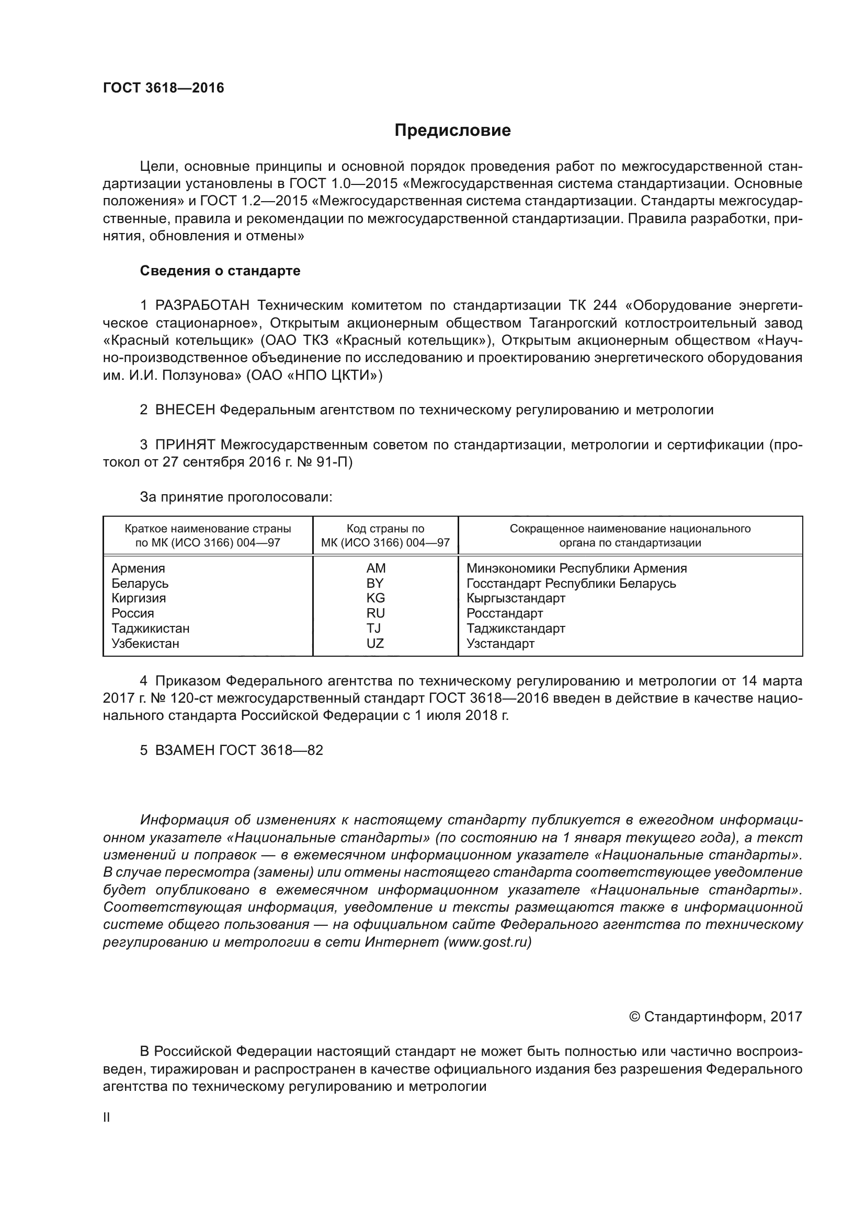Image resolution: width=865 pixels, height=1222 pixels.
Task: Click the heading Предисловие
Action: tap(452, 131)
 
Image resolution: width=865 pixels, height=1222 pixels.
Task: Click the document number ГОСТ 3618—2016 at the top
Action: tap(164, 88)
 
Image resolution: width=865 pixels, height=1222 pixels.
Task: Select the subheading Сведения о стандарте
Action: tap(220, 271)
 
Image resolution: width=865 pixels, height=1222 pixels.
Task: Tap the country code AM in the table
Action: tap(375, 568)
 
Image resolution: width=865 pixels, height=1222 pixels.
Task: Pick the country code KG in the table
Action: tap(375, 598)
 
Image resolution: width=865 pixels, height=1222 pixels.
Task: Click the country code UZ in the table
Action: tap(375, 643)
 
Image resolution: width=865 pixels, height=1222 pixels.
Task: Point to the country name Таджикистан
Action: tap(150, 628)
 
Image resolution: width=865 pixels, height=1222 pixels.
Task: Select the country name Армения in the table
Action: tap(138, 568)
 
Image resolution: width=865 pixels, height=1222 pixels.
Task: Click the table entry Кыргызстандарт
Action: tap(516, 598)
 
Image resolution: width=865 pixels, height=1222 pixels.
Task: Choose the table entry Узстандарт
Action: tap(500, 643)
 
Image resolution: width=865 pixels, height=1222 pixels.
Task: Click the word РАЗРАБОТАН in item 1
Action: tap(202, 306)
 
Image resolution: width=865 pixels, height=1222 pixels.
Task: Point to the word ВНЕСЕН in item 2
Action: tap(185, 410)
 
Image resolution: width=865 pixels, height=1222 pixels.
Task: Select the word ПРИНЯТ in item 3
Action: tap(185, 445)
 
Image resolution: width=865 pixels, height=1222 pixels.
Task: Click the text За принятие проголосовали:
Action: tap(236, 497)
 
